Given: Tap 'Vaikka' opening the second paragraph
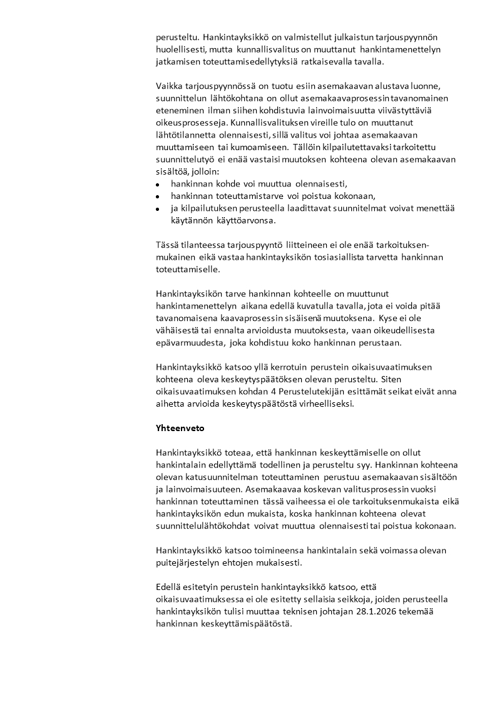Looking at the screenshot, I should point(169,86).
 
